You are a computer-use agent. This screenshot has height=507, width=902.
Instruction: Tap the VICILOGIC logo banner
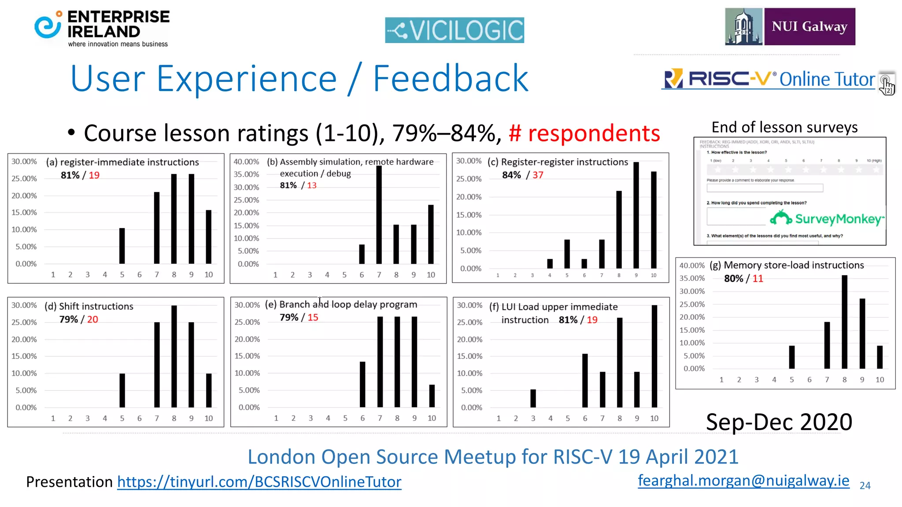pyautogui.click(x=454, y=30)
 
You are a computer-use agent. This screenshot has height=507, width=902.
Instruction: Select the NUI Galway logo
pyautogui.click(x=790, y=26)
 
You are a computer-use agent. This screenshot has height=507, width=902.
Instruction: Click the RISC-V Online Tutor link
pyautogui.click(x=769, y=80)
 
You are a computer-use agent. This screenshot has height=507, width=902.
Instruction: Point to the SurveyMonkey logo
pyautogui.click(x=827, y=218)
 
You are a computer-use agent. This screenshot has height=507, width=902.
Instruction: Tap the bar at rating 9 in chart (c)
pyautogui.click(x=636, y=215)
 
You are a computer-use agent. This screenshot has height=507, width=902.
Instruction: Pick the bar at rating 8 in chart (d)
pyautogui.click(x=174, y=356)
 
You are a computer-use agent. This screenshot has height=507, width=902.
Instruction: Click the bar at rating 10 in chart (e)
pyautogui.click(x=432, y=396)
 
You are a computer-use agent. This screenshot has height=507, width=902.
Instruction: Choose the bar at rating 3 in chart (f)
pyautogui.click(x=533, y=398)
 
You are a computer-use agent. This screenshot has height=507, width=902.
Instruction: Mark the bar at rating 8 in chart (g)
pyautogui.click(x=844, y=322)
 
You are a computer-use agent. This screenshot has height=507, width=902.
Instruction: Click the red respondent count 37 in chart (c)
pyautogui.click(x=538, y=175)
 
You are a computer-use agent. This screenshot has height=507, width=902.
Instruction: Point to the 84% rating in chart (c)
pyautogui.click(x=511, y=175)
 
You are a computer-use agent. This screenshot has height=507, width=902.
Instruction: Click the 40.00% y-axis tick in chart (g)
pyautogui.click(x=691, y=265)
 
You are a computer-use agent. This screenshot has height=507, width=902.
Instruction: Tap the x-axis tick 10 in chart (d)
pyautogui.click(x=209, y=418)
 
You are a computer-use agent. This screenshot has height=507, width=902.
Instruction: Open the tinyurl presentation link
pyautogui.click(x=259, y=482)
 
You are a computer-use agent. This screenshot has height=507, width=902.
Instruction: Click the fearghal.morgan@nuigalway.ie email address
pyautogui.click(x=743, y=481)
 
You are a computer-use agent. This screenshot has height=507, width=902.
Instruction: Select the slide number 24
pyautogui.click(x=865, y=485)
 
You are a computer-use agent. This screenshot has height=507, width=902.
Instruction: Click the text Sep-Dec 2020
pyautogui.click(x=779, y=422)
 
